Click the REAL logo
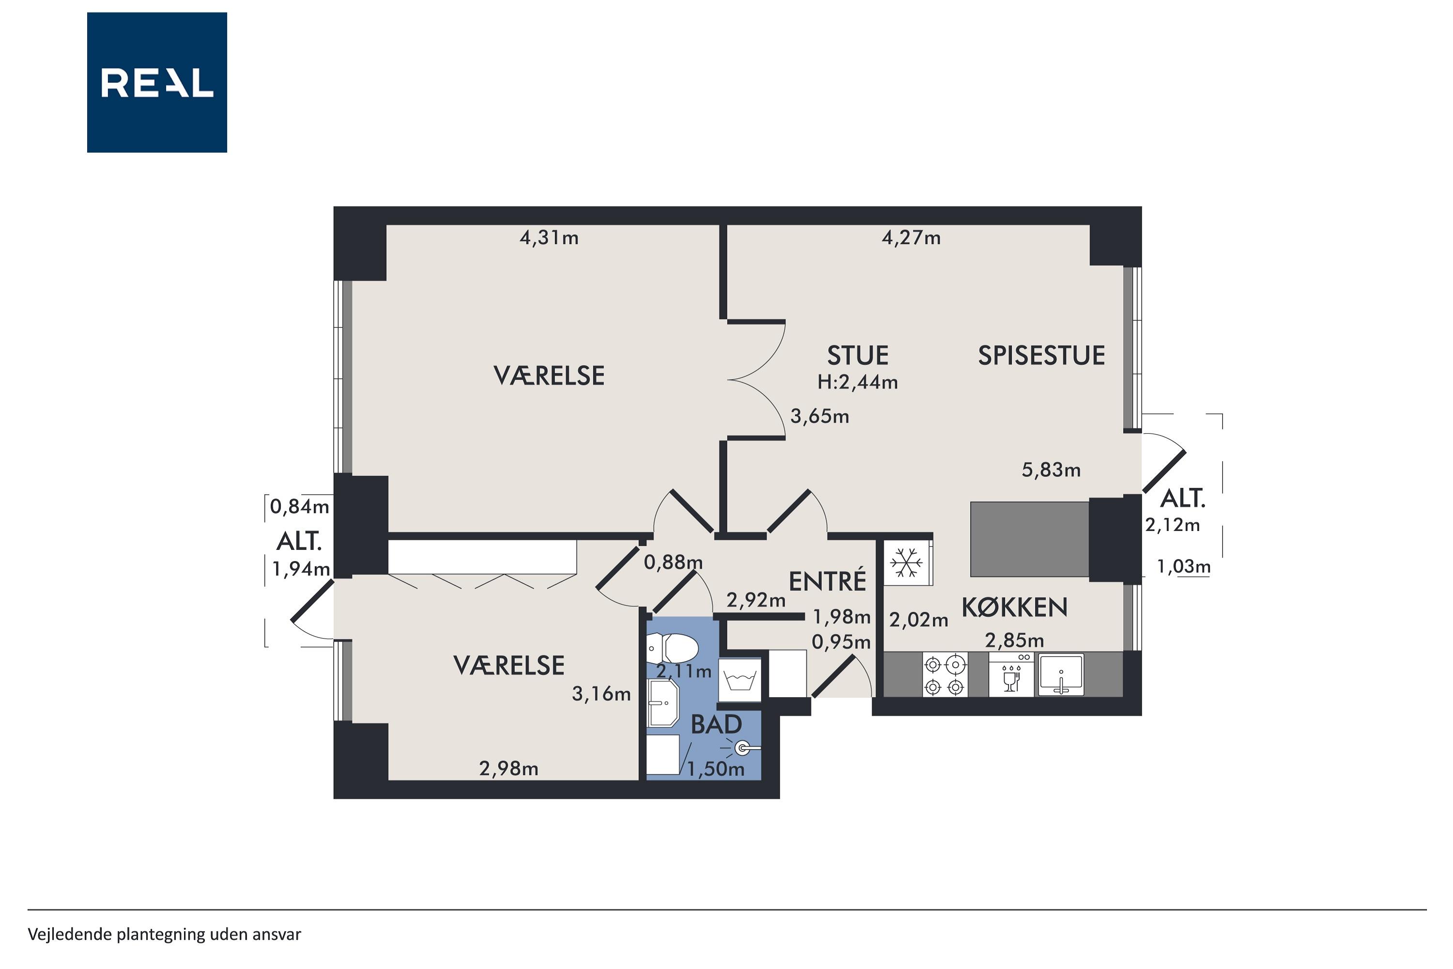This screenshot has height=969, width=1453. point(157,82)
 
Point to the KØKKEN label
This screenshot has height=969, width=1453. point(1014,608)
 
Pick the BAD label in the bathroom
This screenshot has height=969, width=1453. point(716,725)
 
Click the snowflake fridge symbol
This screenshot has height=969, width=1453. point(906,563)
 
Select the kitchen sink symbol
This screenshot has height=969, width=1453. point(1061,675)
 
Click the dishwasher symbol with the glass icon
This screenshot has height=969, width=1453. point(1011,675)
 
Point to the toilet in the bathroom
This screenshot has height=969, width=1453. point(673,648)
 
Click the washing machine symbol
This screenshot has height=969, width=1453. point(740,680)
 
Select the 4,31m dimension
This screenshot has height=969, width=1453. point(549,238)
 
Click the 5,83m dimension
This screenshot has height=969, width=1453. point(1051,470)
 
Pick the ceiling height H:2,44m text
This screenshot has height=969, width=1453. point(857,383)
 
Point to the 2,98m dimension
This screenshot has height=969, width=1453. point(509,769)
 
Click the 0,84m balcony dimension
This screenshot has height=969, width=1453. point(300,507)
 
